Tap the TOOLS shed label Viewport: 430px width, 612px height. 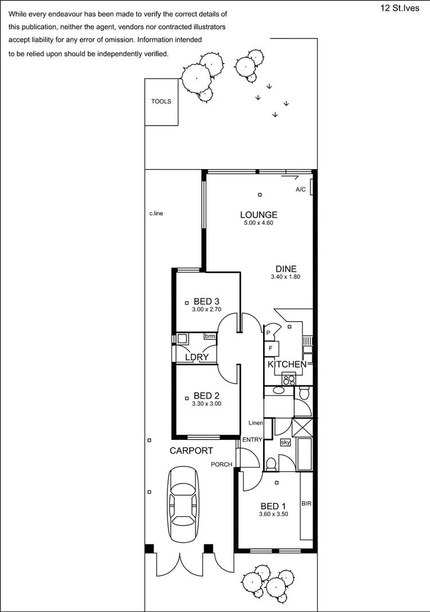(x=161, y=102)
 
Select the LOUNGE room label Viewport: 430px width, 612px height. (x=259, y=215)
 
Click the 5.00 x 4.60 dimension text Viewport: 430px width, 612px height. (x=259, y=223)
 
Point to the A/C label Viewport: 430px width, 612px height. (x=300, y=189)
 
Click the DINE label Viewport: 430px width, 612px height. (x=286, y=268)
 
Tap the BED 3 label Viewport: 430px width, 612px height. (x=207, y=301)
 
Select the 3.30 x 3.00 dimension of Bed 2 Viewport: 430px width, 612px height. (x=207, y=404)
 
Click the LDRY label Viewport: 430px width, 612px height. (x=196, y=357)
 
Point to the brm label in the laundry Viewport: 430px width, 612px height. (x=210, y=336)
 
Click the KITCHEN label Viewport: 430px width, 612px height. (x=287, y=364)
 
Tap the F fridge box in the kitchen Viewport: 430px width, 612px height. (x=271, y=348)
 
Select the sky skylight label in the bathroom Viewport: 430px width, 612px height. (x=286, y=442)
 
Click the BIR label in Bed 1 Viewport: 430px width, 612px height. (x=307, y=504)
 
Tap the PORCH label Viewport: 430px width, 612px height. (x=221, y=465)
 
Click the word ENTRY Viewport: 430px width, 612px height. (x=252, y=440)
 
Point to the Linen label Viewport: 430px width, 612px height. (x=255, y=423)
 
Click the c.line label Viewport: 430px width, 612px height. (x=157, y=213)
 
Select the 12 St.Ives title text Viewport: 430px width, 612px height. (x=401, y=8)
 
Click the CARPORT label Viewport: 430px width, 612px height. (x=191, y=451)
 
